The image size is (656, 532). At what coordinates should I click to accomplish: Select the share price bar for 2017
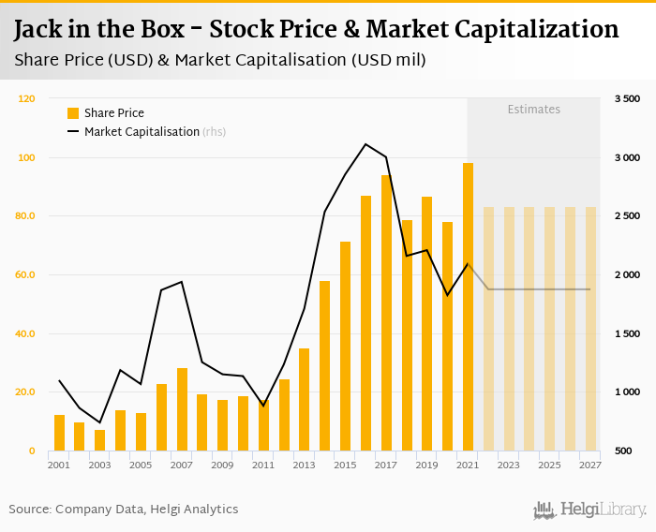coord(386,313)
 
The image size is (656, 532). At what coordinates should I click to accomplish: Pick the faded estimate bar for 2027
coord(590,329)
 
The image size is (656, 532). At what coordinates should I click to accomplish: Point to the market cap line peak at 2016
coord(365,144)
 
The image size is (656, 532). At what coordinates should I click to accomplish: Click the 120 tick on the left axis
coord(27,98)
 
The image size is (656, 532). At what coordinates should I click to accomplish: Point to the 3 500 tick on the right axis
coord(627,98)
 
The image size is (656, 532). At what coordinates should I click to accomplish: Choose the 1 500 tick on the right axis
coord(627,334)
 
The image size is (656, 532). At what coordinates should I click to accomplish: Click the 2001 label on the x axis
coord(59,465)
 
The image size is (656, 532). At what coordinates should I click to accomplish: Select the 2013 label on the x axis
coord(304,465)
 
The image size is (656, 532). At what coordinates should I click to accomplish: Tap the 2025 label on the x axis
coord(549,465)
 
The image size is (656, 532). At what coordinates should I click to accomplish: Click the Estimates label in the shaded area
coord(534,110)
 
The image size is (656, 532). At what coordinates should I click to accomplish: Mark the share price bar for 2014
coord(324,365)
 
